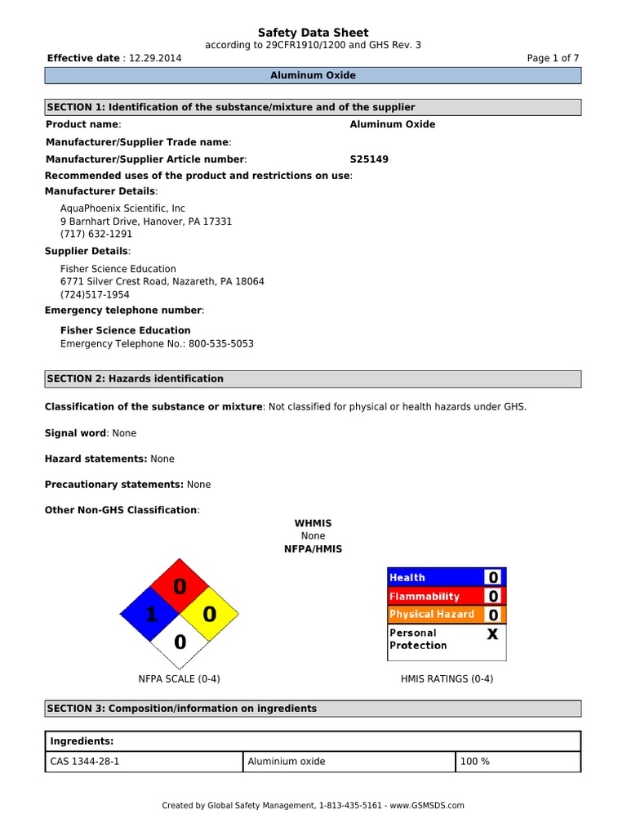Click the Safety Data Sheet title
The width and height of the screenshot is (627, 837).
pyautogui.click(x=313, y=33)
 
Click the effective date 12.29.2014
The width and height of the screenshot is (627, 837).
pyautogui.click(x=155, y=58)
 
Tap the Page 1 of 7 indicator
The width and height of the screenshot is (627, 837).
pyautogui.click(x=554, y=58)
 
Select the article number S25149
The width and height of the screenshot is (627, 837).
pyautogui.click(x=369, y=159)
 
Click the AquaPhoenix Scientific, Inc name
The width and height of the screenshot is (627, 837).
pyautogui.click(x=122, y=208)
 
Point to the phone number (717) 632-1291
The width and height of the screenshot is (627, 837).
pyautogui.click(x=96, y=234)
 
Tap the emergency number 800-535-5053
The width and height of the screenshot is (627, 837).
pyautogui.click(x=220, y=344)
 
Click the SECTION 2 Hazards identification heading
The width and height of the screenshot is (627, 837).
pyautogui.click(x=136, y=378)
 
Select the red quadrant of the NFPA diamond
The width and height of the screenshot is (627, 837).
pyautogui.click(x=180, y=586)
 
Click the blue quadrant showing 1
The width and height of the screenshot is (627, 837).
pyautogui.click(x=150, y=615)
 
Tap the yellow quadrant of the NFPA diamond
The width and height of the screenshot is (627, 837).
pyautogui.click(x=209, y=613)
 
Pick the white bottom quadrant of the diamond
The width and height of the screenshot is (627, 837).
pyautogui.click(x=180, y=642)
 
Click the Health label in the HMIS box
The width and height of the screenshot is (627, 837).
pyautogui.click(x=407, y=578)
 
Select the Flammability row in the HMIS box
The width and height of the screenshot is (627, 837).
pyautogui.click(x=425, y=597)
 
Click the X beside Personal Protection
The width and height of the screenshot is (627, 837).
pyautogui.click(x=492, y=633)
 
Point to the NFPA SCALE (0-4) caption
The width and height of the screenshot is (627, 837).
pyautogui.click(x=179, y=678)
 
